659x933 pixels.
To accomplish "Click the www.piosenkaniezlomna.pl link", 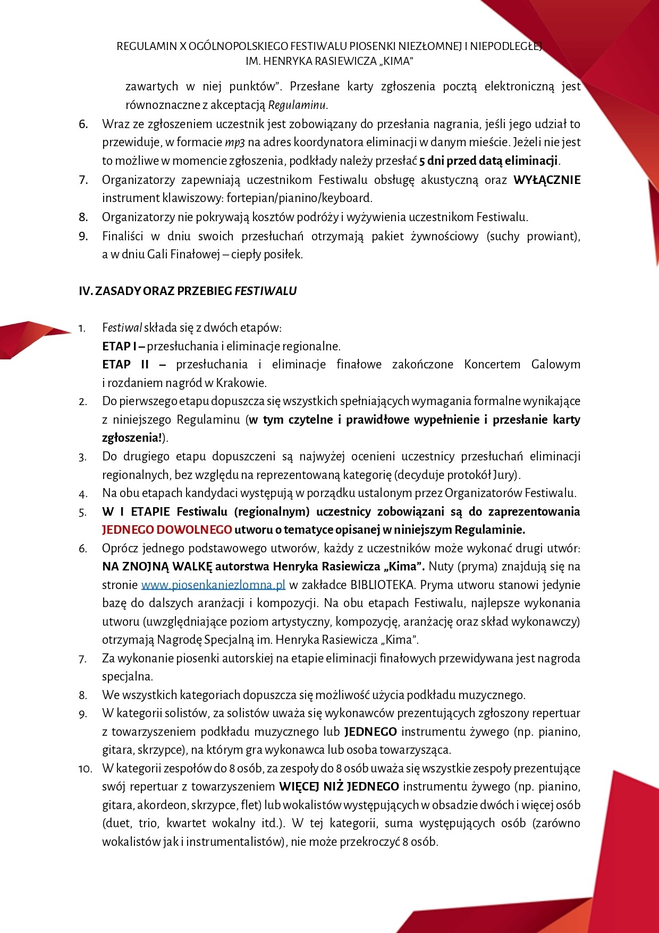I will [213, 585].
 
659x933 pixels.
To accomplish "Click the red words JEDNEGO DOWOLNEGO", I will [167, 530].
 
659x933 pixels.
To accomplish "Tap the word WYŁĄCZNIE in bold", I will [546, 180].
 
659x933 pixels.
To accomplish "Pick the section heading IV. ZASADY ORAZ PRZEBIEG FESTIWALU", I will [188, 291].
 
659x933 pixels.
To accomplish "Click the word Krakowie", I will [241, 383].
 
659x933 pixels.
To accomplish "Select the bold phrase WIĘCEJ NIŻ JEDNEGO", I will [339, 787].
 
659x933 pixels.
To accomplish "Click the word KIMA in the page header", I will [393, 62].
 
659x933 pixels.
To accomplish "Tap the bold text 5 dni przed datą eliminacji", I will [489, 161].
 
